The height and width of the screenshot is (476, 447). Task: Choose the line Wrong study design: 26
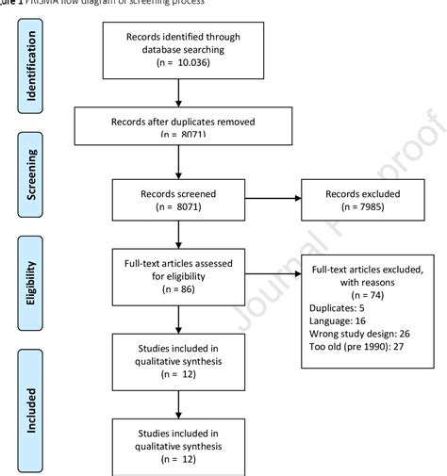coord(361,334)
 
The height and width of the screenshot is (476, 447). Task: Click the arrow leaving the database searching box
coord(177,92)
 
